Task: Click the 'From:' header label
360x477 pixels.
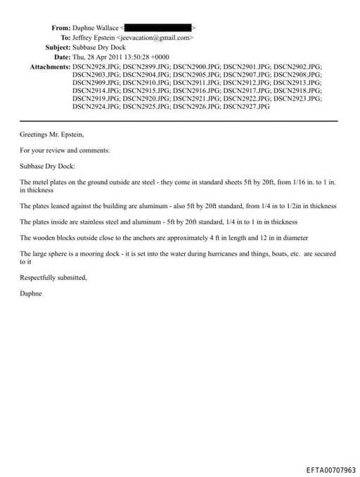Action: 60,27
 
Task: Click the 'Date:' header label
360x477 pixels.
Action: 62,56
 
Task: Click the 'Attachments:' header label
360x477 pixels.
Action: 49,66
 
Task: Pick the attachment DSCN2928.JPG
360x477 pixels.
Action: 96,66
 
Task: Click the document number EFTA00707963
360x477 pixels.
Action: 330,470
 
